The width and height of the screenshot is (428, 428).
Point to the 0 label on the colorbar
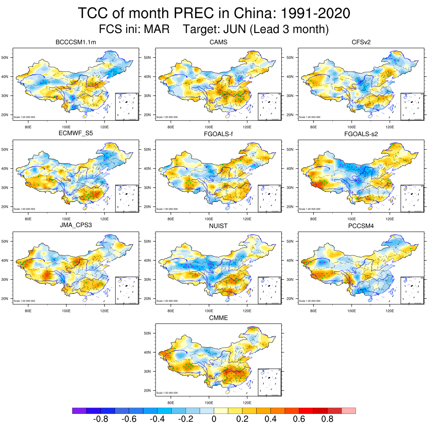tap(214, 419)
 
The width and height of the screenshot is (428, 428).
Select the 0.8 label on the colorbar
tap(327, 419)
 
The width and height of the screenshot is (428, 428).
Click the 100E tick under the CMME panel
tap(209, 403)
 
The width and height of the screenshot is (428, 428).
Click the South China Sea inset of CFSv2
tap(413, 107)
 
